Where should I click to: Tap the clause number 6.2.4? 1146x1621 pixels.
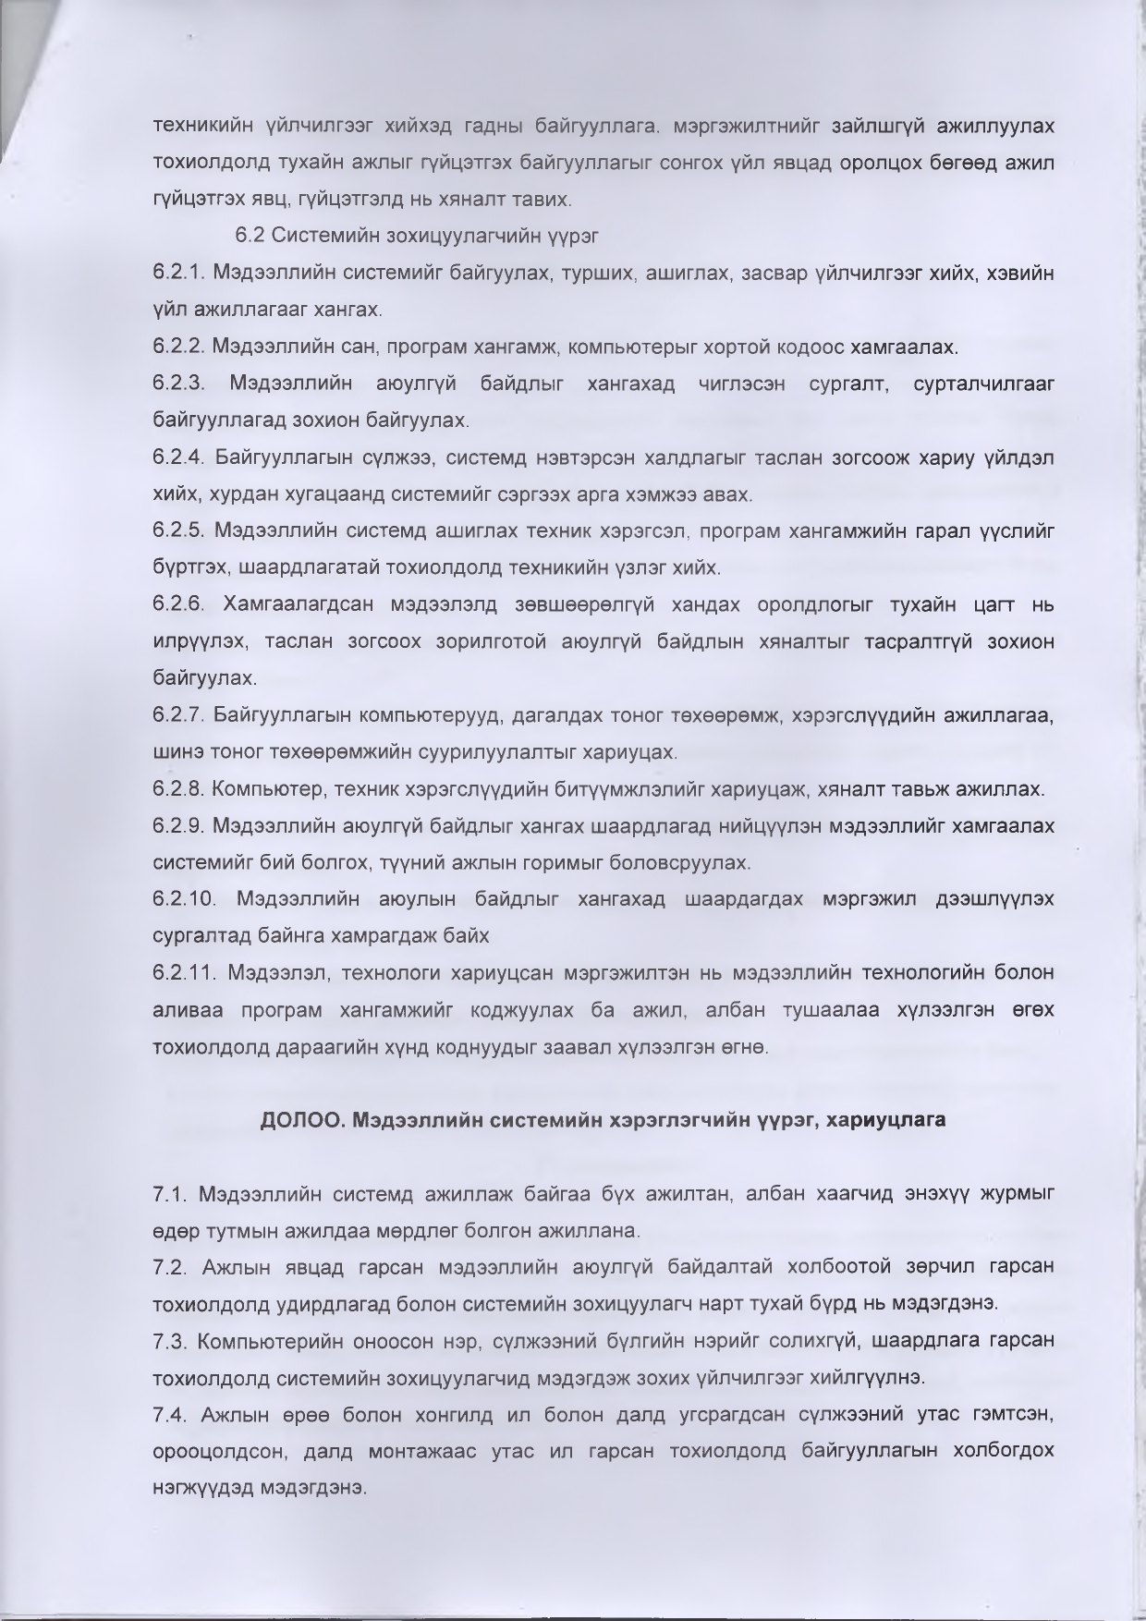tap(179, 457)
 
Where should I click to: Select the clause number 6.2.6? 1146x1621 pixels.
tap(179, 604)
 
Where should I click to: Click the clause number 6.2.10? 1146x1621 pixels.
tap(184, 898)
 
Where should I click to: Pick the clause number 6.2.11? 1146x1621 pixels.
tap(184, 972)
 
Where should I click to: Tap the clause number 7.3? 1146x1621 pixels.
tap(171, 1340)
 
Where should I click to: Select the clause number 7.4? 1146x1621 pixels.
tap(171, 1414)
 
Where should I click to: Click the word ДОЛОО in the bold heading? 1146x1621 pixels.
tap(295, 1120)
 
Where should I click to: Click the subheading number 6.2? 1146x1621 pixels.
tap(249, 236)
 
